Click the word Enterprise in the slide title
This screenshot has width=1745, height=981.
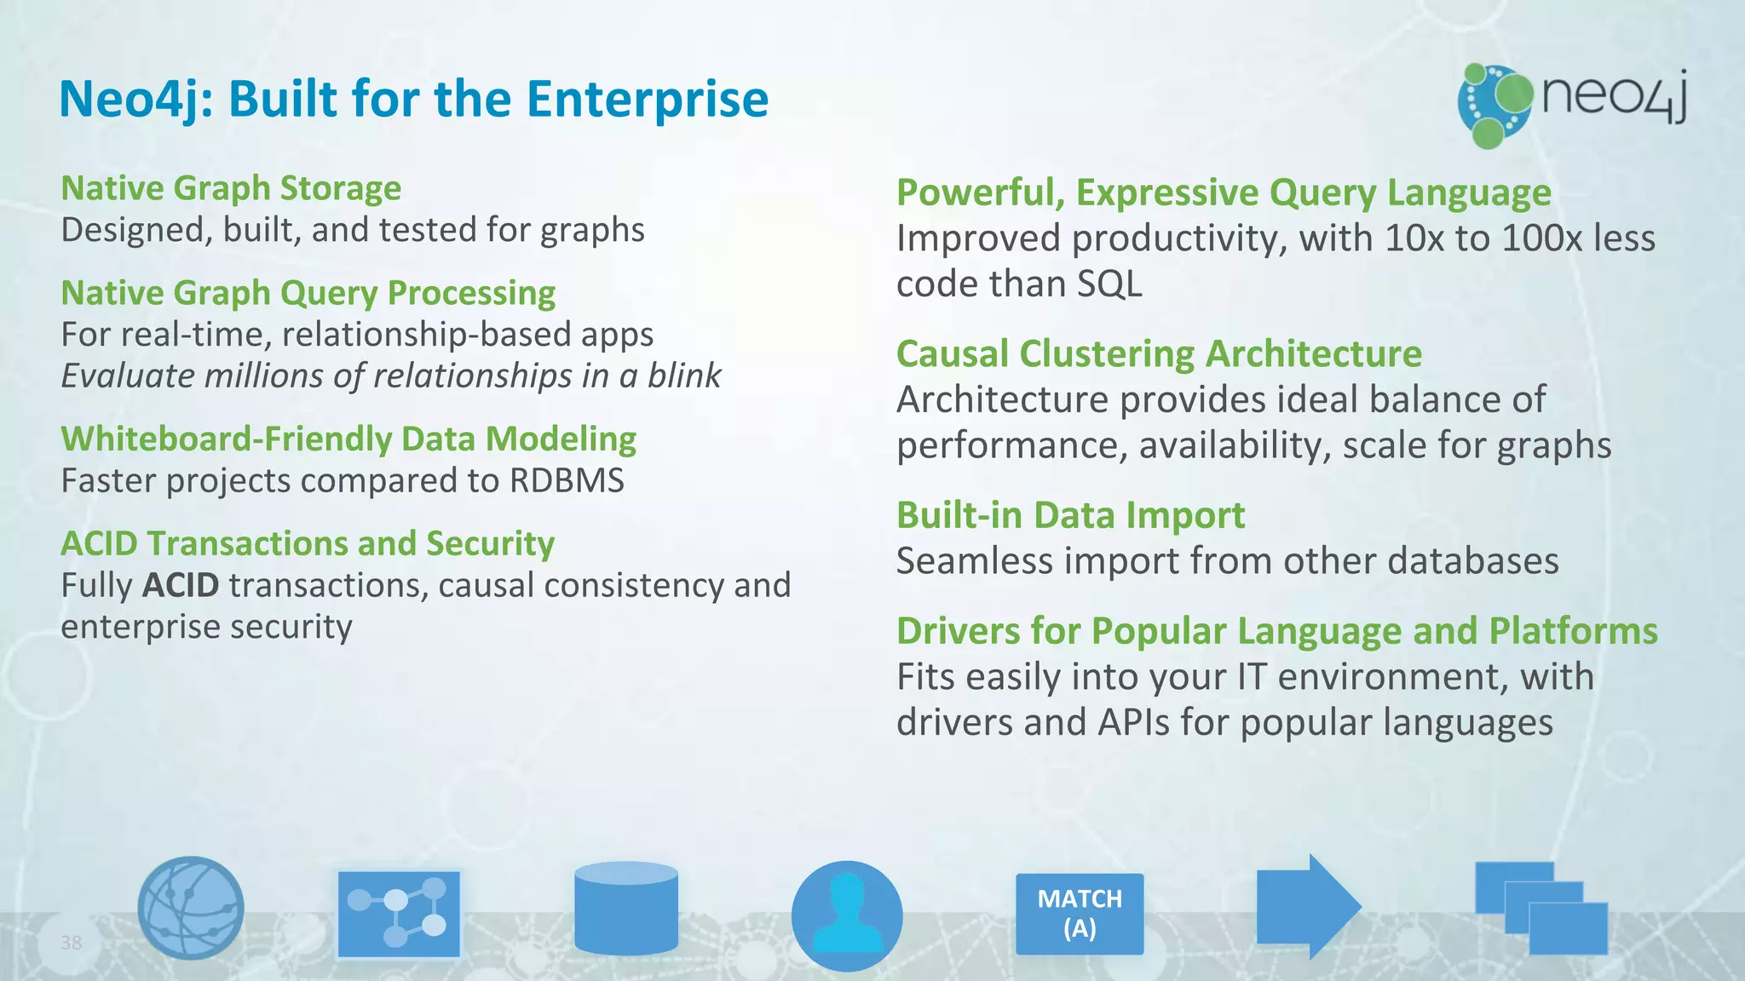647,99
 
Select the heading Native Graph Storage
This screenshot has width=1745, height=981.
231,188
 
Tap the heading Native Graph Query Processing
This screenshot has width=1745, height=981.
308,293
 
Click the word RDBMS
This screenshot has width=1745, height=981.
567,481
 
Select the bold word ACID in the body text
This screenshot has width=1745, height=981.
181,586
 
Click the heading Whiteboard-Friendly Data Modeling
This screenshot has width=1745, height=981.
348,439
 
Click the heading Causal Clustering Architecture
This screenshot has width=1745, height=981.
1159,354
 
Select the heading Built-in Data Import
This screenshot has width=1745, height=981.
1070,516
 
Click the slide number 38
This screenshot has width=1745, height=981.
71,943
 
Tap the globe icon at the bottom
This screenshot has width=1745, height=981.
190,908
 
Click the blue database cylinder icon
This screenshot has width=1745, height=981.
626,908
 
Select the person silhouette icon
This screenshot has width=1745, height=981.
846,915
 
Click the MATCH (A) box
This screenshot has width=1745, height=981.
1079,914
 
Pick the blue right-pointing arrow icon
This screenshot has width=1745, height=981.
1307,907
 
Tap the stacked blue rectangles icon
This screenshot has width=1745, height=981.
1541,908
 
